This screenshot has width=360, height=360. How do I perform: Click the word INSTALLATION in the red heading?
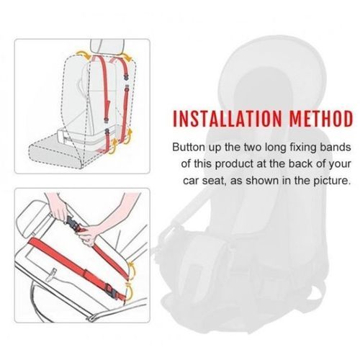point(227,119)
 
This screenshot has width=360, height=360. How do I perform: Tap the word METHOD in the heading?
point(321,119)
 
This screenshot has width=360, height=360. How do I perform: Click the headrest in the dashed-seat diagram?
point(107,47)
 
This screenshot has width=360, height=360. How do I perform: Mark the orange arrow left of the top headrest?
point(83,54)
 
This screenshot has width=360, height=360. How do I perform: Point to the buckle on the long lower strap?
point(112,290)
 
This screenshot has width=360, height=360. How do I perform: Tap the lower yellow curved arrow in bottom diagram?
point(130,292)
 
